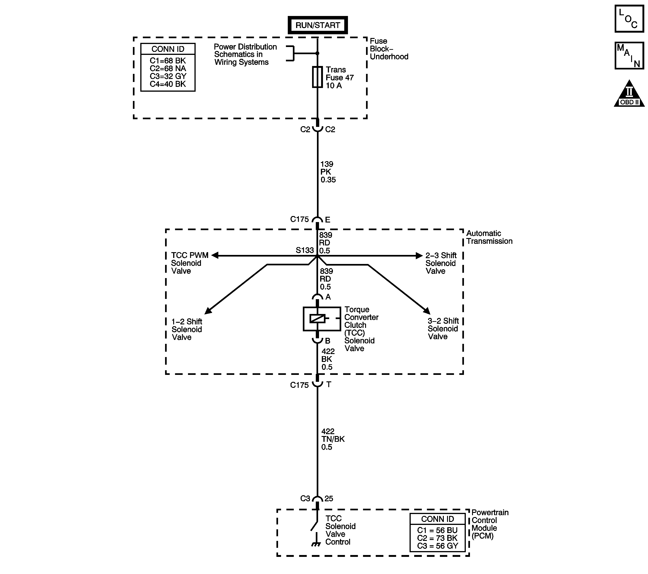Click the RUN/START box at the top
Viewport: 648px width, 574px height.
(317, 25)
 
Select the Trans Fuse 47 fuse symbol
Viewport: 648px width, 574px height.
(317, 77)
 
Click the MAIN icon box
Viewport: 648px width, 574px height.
(629, 56)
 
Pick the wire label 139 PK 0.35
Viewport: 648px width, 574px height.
(328, 172)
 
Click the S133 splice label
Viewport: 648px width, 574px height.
(304, 250)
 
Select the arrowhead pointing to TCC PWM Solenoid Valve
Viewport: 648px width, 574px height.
(215, 255)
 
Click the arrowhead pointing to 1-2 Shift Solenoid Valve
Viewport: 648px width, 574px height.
(208, 311)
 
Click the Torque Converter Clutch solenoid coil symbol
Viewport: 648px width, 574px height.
(318, 318)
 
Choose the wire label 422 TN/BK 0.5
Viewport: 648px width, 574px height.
(332, 439)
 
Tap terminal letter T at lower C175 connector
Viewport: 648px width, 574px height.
(329, 384)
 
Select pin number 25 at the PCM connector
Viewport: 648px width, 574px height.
(329, 499)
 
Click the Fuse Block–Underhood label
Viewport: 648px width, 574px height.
(389, 49)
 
